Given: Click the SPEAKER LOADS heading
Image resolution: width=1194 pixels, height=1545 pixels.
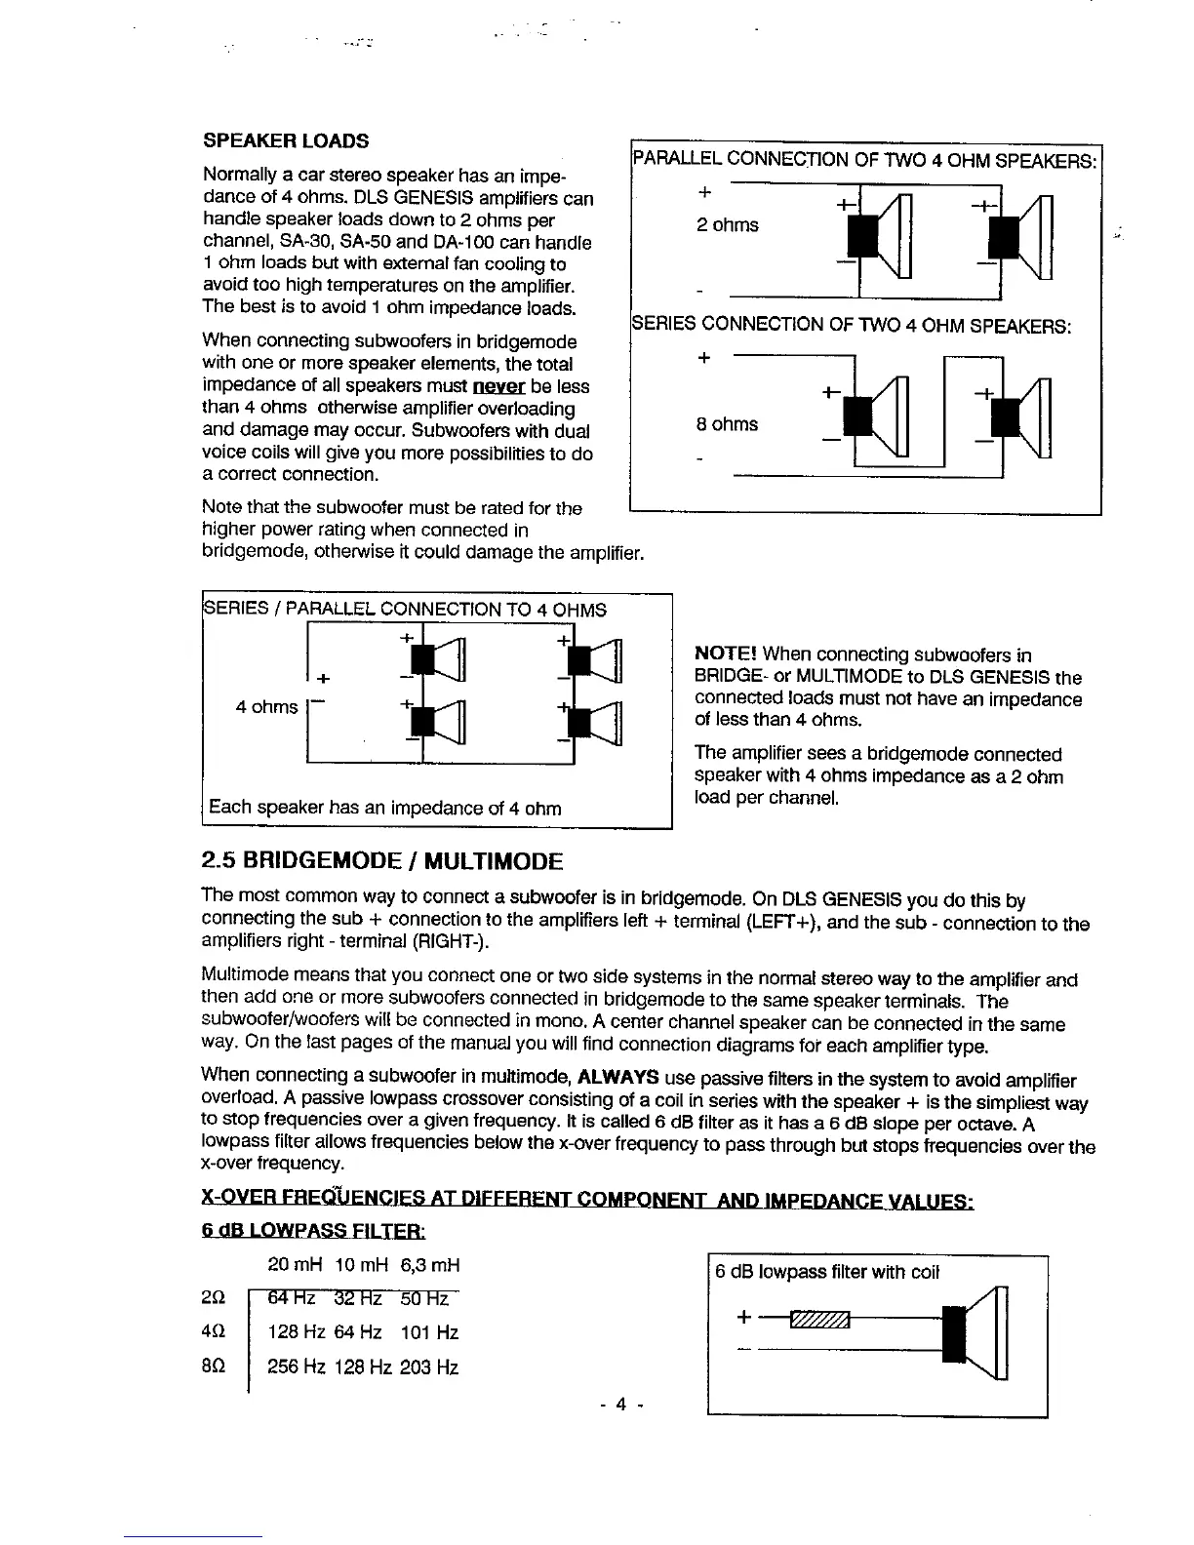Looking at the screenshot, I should click(286, 141).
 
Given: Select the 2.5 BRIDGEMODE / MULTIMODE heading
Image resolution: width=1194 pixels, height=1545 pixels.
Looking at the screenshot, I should click(381, 862).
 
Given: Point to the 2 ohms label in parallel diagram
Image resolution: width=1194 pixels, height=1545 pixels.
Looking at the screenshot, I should click(727, 225).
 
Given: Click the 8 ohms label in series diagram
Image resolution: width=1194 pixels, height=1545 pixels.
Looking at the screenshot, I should click(727, 424).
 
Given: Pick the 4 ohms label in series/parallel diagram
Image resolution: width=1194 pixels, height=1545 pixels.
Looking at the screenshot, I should click(266, 707).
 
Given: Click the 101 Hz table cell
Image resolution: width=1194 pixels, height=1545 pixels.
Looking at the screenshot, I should click(429, 1333).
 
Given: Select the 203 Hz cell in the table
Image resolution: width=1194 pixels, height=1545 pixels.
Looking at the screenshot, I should click(429, 1367).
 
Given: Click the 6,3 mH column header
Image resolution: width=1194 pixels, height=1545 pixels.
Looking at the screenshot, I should click(429, 1266).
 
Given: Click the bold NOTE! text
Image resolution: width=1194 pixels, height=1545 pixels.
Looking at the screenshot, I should click(726, 654).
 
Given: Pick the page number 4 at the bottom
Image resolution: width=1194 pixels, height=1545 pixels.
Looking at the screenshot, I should click(619, 1406).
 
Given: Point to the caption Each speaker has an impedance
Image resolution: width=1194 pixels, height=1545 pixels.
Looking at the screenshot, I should click(385, 808).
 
